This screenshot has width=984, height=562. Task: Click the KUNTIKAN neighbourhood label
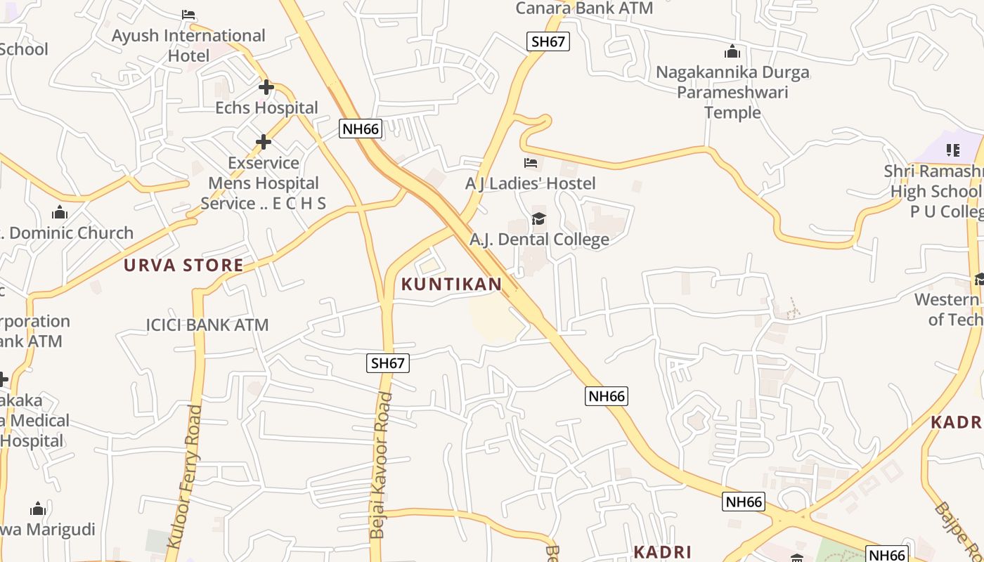click(x=451, y=285)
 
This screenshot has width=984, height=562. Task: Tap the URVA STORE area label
click(x=183, y=266)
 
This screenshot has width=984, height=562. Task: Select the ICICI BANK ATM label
click(x=207, y=325)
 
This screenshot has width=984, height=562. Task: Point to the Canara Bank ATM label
click(x=584, y=8)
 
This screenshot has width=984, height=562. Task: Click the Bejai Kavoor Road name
click(x=382, y=466)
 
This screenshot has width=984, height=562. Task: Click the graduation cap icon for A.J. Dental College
click(x=538, y=219)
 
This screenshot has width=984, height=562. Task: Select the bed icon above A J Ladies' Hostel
click(x=531, y=163)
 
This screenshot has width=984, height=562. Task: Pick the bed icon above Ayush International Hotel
click(x=188, y=14)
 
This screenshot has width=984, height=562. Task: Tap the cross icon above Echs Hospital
click(x=266, y=88)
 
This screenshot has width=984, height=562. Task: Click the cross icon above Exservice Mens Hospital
click(x=264, y=143)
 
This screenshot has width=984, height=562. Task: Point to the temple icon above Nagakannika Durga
click(x=732, y=52)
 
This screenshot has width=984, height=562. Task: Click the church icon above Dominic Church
click(x=60, y=212)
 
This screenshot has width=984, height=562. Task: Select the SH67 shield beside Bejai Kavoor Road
click(x=388, y=363)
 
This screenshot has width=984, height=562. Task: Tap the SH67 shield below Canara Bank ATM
click(x=548, y=41)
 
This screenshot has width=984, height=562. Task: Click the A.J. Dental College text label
click(x=539, y=240)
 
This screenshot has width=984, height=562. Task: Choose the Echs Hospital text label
click(x=266, y=108)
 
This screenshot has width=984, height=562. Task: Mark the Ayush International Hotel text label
click(x=188, y=45)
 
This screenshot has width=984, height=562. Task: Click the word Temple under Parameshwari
click(x=732, y=112)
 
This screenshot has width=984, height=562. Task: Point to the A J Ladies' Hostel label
click(x=531, y=184)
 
